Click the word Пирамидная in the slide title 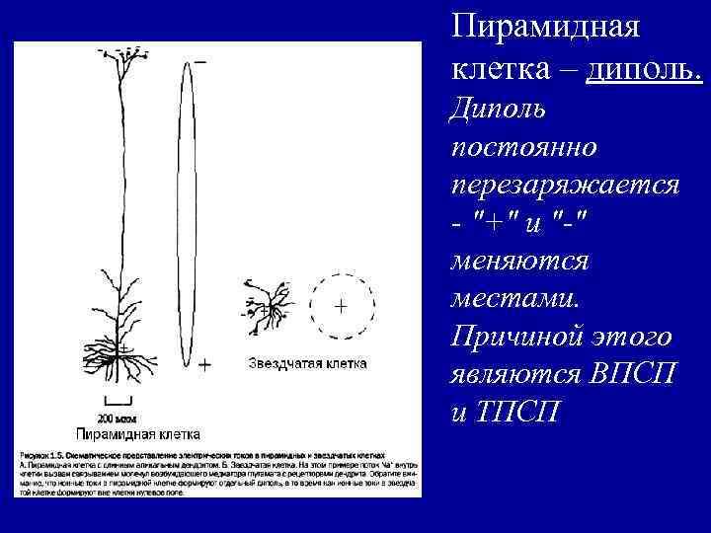[545, 27]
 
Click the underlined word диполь [644, 69]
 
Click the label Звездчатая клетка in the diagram [307, 363]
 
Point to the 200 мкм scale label [118, 416]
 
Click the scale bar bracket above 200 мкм [118, 401]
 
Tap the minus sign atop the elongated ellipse [201, 61]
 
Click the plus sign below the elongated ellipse [204, 364]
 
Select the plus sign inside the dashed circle [340, 306]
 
